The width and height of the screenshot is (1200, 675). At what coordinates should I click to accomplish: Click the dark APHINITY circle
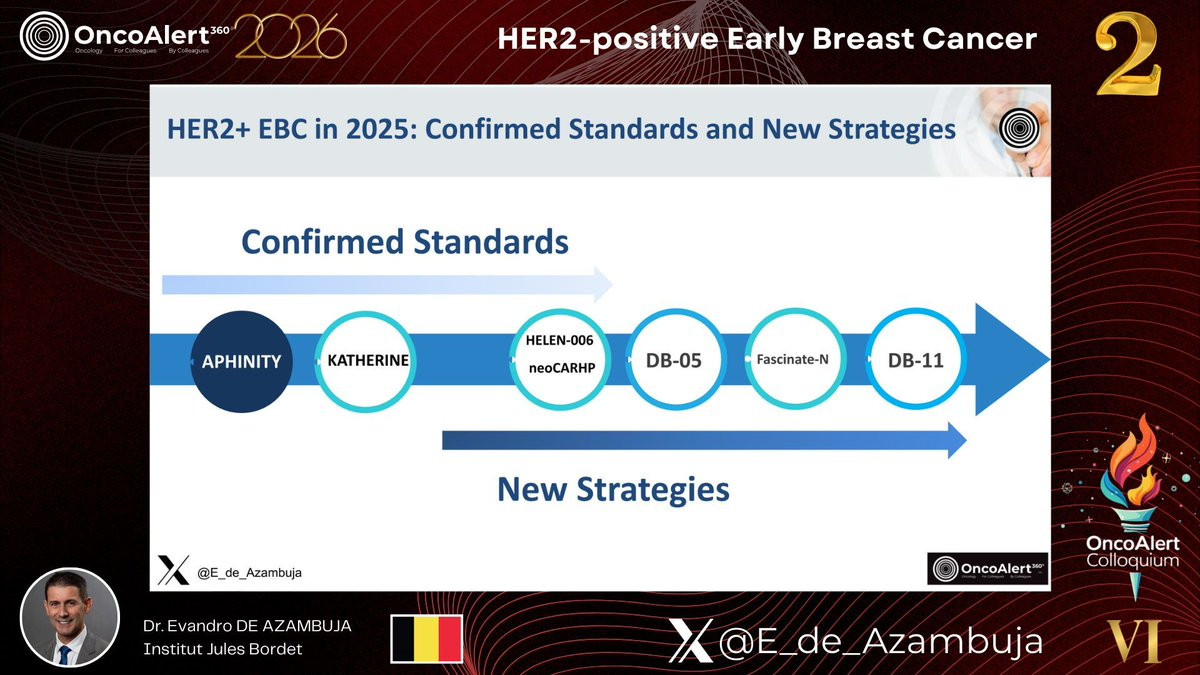[242, 362]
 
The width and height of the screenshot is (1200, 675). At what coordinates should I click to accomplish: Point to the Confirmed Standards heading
[405, 242]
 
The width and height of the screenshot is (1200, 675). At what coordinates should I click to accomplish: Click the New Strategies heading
[613, 490]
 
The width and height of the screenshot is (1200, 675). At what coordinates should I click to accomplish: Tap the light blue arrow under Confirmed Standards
[387, 284]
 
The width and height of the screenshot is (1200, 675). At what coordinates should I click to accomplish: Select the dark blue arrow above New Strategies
[704, 440]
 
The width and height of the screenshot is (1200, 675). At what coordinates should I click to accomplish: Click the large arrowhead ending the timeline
[1011, 359]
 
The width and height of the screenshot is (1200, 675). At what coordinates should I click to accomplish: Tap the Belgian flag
[426, 639]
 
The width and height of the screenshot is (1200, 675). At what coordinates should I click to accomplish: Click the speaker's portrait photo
[70, 617]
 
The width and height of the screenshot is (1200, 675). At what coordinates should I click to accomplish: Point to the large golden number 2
[1128, 55]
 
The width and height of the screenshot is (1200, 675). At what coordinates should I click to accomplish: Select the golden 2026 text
[290, 36]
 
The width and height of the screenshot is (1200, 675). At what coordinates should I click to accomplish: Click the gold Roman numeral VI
[1134, 641]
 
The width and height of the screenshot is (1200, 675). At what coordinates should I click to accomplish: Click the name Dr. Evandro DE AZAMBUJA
[247, 626]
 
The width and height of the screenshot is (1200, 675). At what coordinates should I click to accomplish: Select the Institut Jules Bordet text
[222, 649]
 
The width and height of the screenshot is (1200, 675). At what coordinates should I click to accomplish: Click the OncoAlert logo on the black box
[988, 568]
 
